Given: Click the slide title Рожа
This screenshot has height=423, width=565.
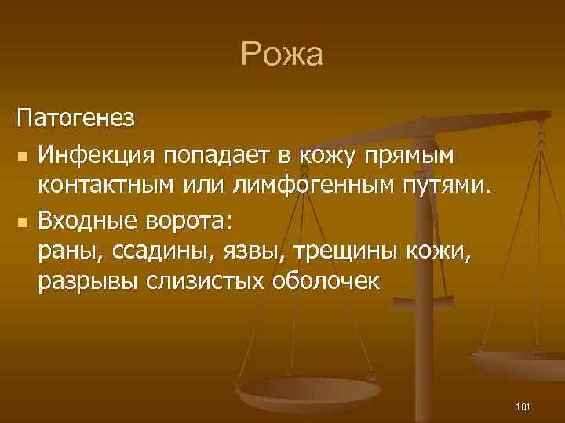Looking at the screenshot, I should point(282,55).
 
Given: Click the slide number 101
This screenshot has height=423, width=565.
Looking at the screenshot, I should point(524,407).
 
